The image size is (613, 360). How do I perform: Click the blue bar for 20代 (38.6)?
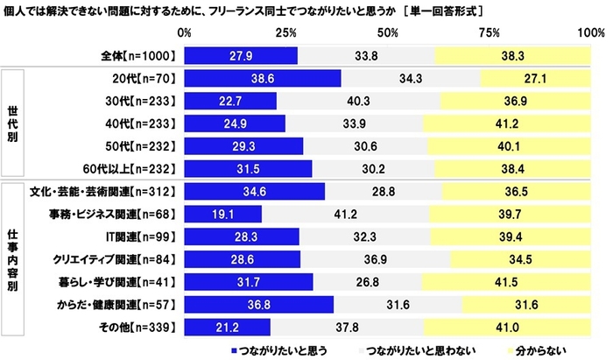point(263,78)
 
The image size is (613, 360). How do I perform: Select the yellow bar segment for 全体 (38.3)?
point(514,55)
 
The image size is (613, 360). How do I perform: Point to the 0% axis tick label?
point(185,32)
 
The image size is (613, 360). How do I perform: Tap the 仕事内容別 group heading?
point(14,258)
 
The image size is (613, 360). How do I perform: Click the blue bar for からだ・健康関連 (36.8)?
point(259,304)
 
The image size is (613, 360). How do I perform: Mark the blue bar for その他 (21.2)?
point(228,327)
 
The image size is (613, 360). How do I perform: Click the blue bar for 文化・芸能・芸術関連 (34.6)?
point(255,190)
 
